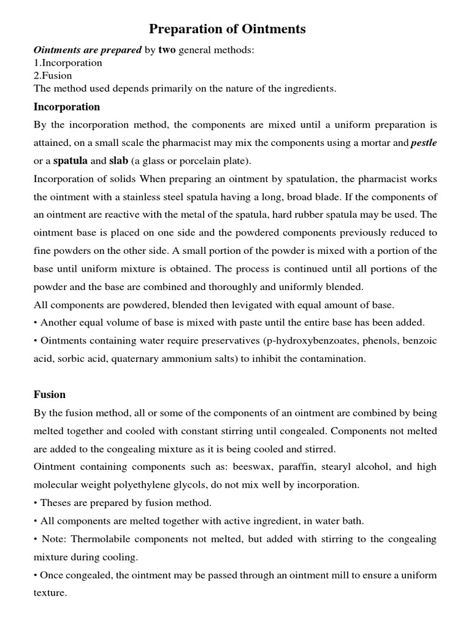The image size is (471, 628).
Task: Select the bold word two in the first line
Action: point(167,50)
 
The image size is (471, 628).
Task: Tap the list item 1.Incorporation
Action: point(67,63)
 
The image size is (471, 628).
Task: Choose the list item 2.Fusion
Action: point(53,75)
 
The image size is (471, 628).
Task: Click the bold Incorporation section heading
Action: point(67,107)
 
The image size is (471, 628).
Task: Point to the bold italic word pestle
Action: point(424,143)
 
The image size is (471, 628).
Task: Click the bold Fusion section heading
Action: point(50,394)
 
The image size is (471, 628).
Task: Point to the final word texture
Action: point(49,593)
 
